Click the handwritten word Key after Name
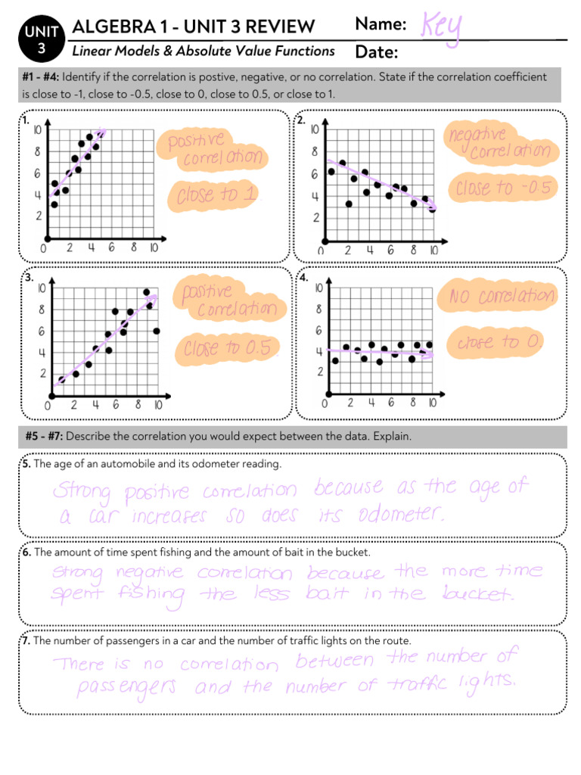pos(442,29)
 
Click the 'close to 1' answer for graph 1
pos(216,195)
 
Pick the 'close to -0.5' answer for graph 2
pos(502,187)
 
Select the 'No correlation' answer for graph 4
pos(502,295)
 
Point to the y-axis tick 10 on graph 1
pos(38,129)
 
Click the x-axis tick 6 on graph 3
pos(116,405)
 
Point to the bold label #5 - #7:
pos(45,437)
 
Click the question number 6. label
pos(26,552)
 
